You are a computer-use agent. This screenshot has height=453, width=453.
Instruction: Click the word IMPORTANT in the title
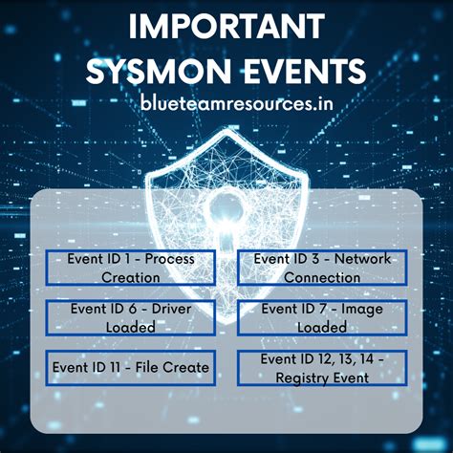click(226, 26)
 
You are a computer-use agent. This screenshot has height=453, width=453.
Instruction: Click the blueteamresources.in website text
click(227, 103)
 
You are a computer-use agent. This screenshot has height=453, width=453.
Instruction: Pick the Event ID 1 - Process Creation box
click(130, 268)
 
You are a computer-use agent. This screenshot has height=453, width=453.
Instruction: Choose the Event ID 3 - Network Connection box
click(322, 268)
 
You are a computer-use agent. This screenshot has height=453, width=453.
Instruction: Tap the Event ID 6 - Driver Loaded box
click(130, 317)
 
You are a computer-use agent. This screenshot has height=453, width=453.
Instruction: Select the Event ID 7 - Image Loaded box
click(322, 317)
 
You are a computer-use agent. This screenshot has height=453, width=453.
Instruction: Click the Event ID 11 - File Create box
click(130, 366)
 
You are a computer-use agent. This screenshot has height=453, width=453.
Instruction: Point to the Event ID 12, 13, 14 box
click(322, 368)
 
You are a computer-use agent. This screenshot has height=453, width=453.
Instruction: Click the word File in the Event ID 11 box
click(153, 366)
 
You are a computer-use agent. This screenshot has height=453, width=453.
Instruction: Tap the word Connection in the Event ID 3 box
click(322, 277)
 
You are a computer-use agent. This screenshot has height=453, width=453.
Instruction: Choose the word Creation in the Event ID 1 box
click(130, 277)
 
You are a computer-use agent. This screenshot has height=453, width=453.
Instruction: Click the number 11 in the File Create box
click(121, 366)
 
